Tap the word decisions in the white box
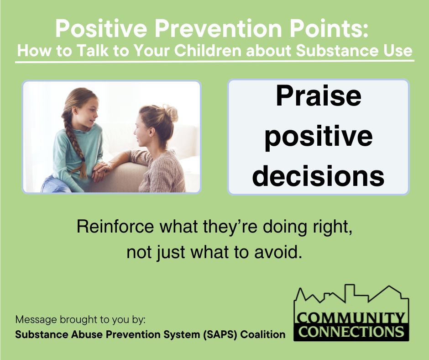click(x=318, y=175)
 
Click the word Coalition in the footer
click(x=263, y=334)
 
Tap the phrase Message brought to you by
click(x=80, y=318)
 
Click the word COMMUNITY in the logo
click(x=351, y=317)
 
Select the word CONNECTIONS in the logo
click(x=351, y=331)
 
